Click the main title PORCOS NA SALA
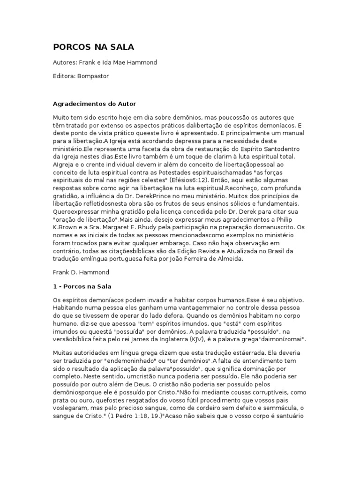(93, 47)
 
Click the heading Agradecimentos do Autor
(93, 104)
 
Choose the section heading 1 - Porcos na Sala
(85, 286)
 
